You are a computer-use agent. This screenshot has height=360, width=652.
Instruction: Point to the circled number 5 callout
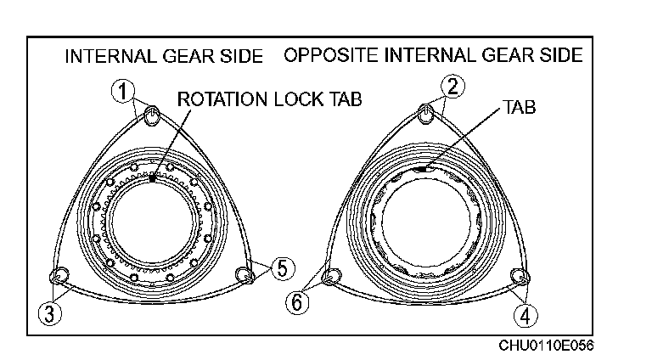pos(283,266)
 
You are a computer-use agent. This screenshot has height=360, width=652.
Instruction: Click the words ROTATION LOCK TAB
pos(269,99)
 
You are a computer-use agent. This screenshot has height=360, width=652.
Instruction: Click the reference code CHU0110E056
pos(546,346)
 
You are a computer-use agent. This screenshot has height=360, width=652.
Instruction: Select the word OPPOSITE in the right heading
pos(331,56)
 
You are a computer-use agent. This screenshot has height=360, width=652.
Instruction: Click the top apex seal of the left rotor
pos(153,116)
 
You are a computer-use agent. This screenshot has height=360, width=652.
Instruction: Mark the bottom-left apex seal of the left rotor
pos(59,275)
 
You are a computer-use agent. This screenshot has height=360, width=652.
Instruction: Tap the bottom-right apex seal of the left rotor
pos(244,274)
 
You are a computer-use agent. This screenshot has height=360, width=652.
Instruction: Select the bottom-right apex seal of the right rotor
pos(520,276)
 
